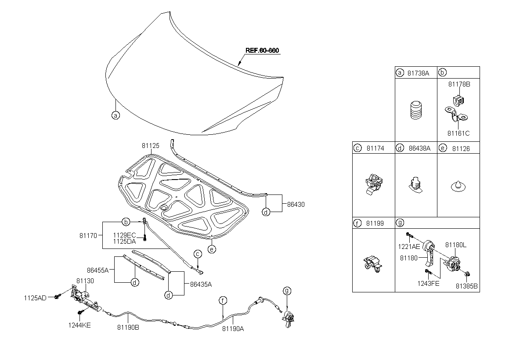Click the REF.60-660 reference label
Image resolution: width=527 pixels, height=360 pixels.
[x=262, y=50]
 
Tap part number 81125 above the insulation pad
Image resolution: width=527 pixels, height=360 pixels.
[x=150, y=146]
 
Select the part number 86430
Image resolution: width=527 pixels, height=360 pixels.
[x=296, y=205]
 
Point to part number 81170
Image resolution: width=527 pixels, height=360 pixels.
[x=88, y=236]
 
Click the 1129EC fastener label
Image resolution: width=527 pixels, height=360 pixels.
[x=124, y=235]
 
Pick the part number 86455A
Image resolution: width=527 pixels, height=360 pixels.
[x=97, y=270]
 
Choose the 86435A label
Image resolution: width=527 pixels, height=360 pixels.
[x=201, y=284]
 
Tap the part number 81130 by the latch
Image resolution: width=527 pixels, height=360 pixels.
[x=85, y=281]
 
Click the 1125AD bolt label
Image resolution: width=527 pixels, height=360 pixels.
[x=35, y=298]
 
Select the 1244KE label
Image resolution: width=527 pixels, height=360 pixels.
[x=79, y=325]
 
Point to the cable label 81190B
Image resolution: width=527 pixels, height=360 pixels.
[x=128, y=328]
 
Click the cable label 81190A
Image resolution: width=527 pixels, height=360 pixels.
[x=233, y=329]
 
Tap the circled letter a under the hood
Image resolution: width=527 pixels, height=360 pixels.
[x=116, y=115]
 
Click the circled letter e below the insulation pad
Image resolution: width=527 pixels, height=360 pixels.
[x=212, y=249]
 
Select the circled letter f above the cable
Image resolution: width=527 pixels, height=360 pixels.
[x=223, y=300]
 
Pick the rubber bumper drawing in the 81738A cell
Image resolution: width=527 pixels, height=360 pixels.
[x=416, y=110]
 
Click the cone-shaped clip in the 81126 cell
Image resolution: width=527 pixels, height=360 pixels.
[x=458, y=186]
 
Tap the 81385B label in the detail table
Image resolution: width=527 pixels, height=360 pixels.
[x=467, y=286]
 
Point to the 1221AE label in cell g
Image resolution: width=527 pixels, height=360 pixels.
[x=409, y=247]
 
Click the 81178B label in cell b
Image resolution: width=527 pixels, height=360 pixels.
[x=459, y=84]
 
